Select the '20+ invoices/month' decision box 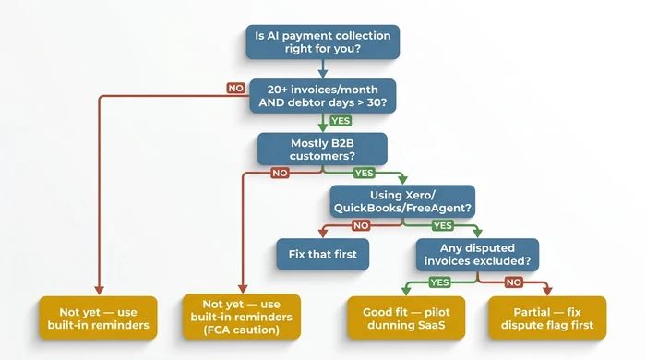323,95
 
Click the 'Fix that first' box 323,252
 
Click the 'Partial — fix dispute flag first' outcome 547,316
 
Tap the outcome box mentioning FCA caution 241,316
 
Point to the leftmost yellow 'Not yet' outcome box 98,316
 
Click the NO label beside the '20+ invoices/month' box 235,88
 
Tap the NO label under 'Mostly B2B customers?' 278,172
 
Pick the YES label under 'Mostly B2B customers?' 364,173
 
